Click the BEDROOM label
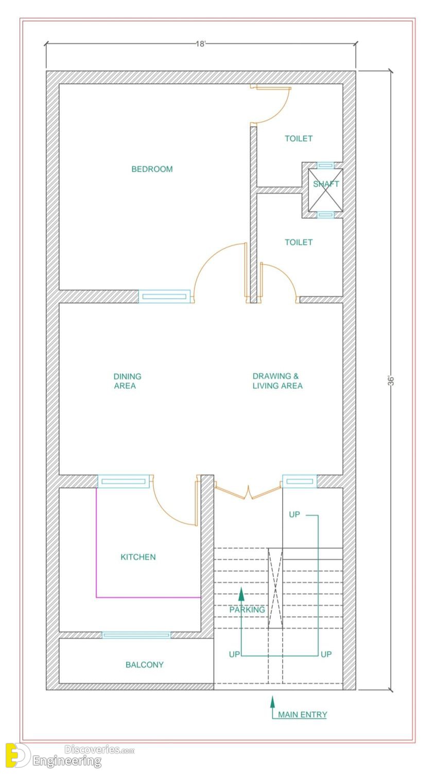coord(152,169)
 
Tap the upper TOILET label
coord(299,139)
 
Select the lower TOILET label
coord(299,242)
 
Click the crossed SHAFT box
coord(325,190)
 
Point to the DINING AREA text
coord(127,381)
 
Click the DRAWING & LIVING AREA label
coord(277,381)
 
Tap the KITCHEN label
coord(138,557)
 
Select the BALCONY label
coord(145,664)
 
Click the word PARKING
coord(247,610)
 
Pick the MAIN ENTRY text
coord(302,714)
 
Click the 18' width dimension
coord(201,44)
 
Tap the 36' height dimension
coord(391,380)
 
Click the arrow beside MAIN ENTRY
coord(273,707)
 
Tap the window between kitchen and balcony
coord(136,635)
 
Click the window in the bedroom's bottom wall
coord(164,297)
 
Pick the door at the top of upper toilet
coord(271,104)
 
